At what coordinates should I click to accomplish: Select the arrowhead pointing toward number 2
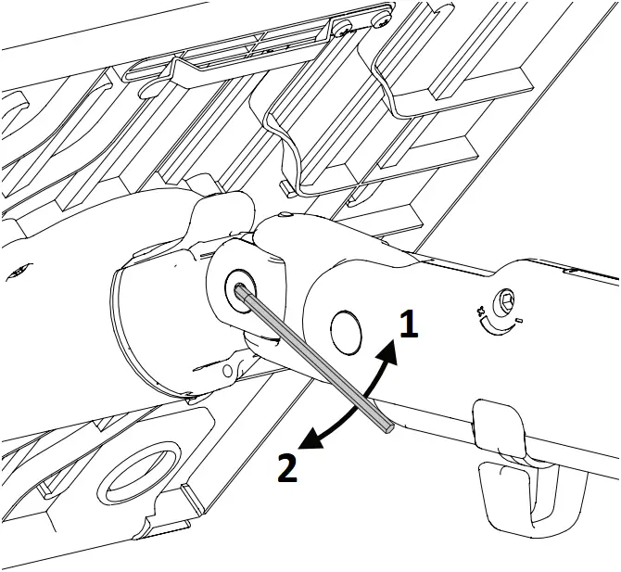pos(313,444)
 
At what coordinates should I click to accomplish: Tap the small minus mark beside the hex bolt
pos(519,321)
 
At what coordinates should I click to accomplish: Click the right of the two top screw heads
pos(381,19)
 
